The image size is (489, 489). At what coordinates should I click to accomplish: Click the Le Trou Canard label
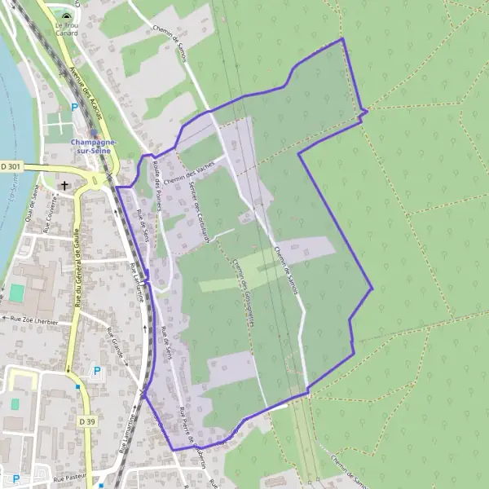click(x=67, y=29)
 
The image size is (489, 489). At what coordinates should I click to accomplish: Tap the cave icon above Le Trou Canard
click(x=67, y=15)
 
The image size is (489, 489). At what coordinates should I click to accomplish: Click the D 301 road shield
click(x=11, y=166)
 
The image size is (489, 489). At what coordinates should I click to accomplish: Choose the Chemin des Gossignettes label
click(x=243, y=286)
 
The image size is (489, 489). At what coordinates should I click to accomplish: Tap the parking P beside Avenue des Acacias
click(x=76, y=107)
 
